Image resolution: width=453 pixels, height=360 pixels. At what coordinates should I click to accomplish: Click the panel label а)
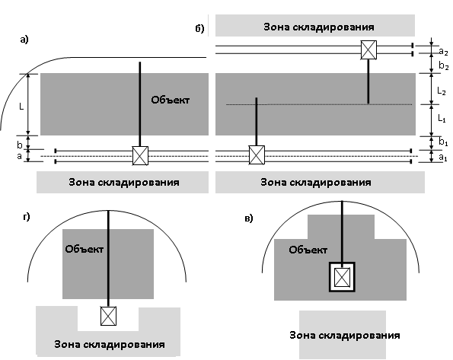[x=24, y=40]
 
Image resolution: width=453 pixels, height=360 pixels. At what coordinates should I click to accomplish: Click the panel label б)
[x=199, y=28]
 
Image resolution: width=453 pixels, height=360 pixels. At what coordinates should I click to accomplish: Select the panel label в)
[x=249, y=218]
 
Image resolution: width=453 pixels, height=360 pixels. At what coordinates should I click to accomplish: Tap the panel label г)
[x=27, y=216]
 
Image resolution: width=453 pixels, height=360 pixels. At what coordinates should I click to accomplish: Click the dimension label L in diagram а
[x=21, y=107]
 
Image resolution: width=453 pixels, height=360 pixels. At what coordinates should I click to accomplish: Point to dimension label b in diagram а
[x=19, y=144]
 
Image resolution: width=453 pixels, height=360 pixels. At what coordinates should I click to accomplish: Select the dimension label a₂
[x=443, y=52]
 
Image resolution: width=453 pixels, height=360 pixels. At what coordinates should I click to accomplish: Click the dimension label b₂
[x=443, y=66]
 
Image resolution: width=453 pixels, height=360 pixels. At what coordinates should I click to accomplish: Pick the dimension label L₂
[x=442, y=91]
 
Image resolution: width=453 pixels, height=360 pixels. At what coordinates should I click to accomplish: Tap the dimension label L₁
[x=442, y=118]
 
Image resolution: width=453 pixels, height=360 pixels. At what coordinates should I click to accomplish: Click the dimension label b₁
[x=443, y=142]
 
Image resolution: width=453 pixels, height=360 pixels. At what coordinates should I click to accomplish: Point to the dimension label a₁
[x=443, y=158]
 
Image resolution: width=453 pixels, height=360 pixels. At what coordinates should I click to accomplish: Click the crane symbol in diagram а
[x=140, y=156]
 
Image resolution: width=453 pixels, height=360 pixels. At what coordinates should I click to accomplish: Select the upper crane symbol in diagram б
[x=368, y=50]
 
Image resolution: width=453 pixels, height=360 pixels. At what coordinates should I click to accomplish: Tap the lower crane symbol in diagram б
[x=257, y=155]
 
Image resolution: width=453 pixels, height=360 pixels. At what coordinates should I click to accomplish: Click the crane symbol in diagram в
[x=342, y=277]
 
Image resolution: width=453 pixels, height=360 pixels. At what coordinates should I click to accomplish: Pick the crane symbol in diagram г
[x=108, y=316]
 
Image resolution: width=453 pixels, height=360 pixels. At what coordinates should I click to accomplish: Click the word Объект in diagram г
[x=84, y=249]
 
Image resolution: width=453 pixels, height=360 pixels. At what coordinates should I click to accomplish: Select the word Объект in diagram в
[x=308, y=250]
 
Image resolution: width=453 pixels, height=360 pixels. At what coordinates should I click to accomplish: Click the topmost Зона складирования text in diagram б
[x=319, y=27]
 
